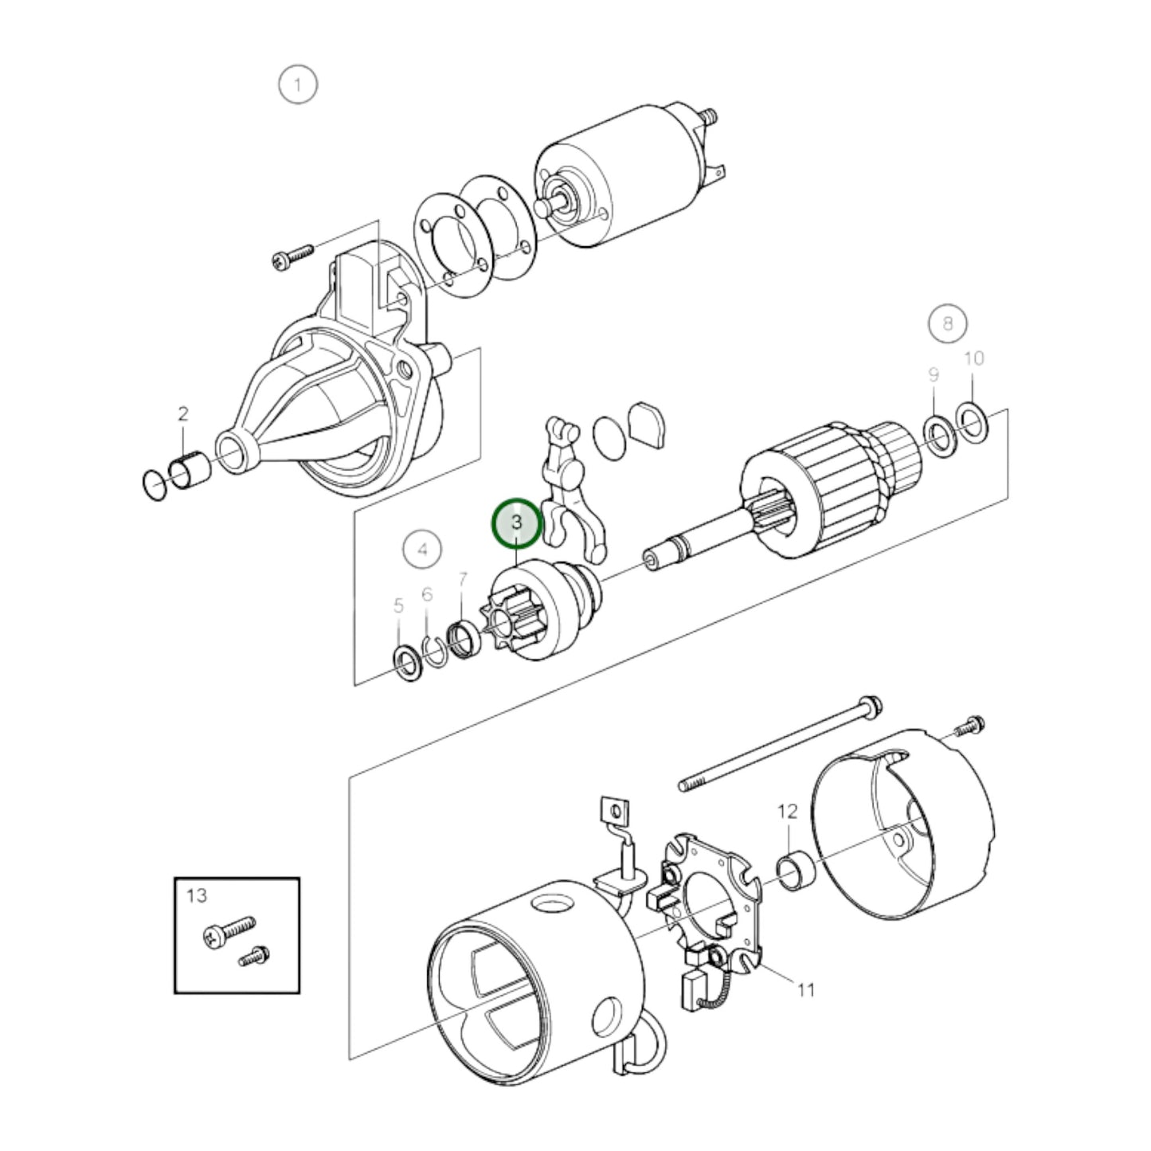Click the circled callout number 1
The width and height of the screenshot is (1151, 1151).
click(298, 84)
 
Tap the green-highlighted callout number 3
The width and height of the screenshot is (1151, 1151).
click(517, 523)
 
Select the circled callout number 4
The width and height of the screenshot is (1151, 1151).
click(422, 549)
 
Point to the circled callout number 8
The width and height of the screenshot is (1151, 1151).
click(947, 323)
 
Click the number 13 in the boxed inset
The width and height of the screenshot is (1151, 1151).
click(197, 895)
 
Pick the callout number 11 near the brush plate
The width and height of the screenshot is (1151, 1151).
click(806, 990)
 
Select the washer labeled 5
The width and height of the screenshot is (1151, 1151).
click(407, 660)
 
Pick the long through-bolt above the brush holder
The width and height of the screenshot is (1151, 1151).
click(777, 744)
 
